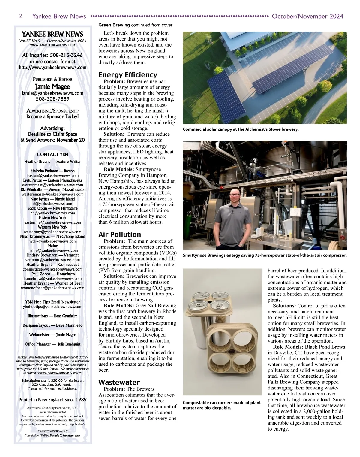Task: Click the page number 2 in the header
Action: (20, 16)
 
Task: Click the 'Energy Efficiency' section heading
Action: (128, 75)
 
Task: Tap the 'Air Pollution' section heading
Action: (119, 235)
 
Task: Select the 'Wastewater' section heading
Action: (119, 382)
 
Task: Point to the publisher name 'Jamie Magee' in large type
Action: (52, 87)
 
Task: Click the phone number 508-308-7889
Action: (52, 99)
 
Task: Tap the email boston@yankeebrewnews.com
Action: (52, 176)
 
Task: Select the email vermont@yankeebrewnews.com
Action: (52, 260)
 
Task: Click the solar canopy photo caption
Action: (241, 129)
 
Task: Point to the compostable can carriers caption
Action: (222, 405)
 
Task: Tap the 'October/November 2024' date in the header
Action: (307, 16)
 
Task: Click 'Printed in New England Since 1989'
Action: (52, 400)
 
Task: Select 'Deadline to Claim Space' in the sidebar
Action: (52, 134)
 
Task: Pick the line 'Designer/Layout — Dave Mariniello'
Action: (52, 325)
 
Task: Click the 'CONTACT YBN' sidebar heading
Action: (52, 154)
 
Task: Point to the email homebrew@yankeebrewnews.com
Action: (52, 279)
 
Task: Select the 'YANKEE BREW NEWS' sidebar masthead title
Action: (52, 34)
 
